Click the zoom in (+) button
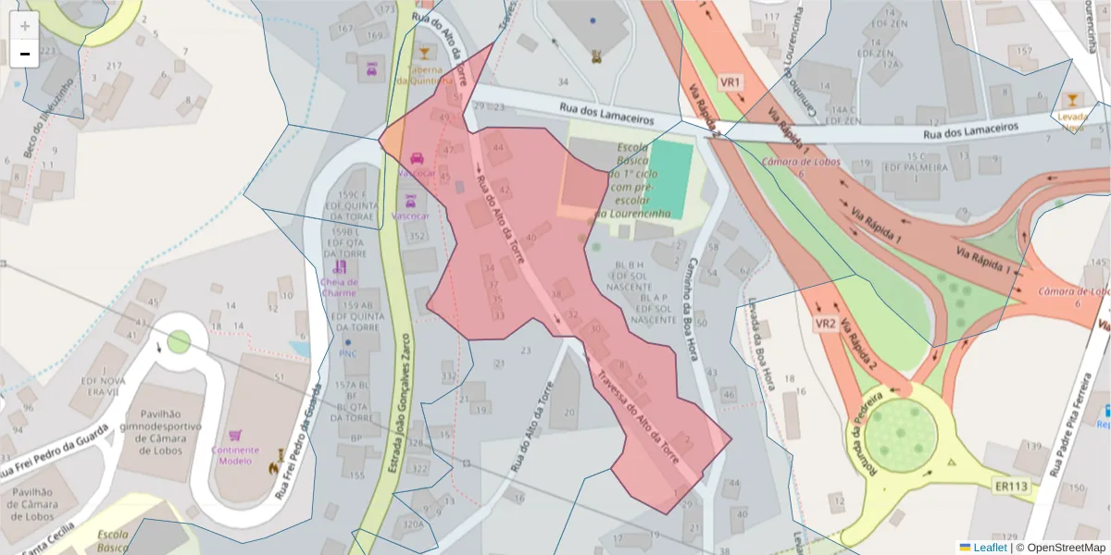tap(25, 26)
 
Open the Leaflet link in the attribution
tap(989, 547)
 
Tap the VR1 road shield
tap(731, 82)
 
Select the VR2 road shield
tap(826, 324)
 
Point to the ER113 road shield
tap(1011, 484)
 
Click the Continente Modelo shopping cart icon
tap(236, 434)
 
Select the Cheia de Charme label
tap(338, 287)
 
